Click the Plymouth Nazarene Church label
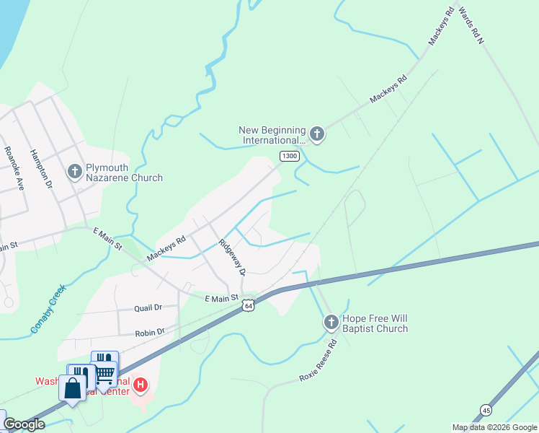coord(124,172)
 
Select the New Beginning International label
coord(273,135)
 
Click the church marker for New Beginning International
coord(316,134)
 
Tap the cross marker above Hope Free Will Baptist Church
coord(331,322)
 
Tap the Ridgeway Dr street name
coord(233,257)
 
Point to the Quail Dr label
coord(148,307)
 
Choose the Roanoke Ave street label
coord(15,168)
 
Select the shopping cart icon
coord(105,372)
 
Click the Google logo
coord(24,424)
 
